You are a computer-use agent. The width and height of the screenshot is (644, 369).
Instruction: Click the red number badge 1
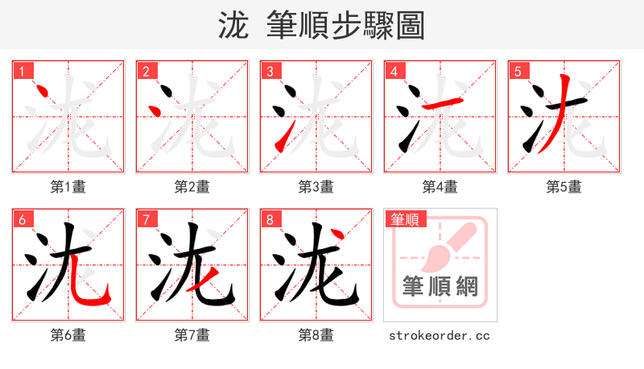(22, 71)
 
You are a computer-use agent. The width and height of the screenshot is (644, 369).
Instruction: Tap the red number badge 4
(394, 71)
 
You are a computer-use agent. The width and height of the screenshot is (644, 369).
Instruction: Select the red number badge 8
(270, 219)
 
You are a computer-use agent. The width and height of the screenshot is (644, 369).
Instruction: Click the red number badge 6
(22, 219)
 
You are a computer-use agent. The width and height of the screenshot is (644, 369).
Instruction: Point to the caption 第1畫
(68, 187)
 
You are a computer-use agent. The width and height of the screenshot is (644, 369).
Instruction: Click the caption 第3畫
(316, 187)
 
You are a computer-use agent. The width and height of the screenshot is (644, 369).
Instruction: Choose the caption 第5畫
(564, 187)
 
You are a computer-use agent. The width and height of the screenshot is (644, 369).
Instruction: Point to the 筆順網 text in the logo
(440, 287)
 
